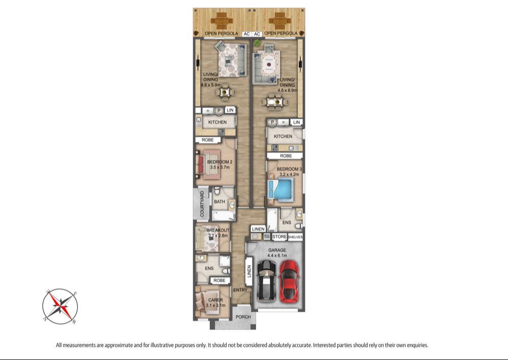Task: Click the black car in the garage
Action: [x=266, y=281]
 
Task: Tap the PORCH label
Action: [x=243, y=317]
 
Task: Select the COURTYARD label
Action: [x=202, y=204]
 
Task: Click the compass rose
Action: [x=60, y=306]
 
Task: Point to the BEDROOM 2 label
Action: [x=219, y=162]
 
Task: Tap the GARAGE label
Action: [x=277, y=250]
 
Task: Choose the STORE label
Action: [x=279, y=237]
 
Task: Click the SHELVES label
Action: [x=295, y=237]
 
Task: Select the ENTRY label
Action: [x=240, y=290]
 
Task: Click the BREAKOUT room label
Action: [x=218, y=231]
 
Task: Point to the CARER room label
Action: [x=215, y=300]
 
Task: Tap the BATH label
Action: [x=219, y=202]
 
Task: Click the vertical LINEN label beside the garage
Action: [x=249, y=271]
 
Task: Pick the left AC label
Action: [x=246, y=34]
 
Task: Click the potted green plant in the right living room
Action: [x=257, y=43]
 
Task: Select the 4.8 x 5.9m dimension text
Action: [x=211, y=85]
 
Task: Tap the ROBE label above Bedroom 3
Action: [x=285, y=156]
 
